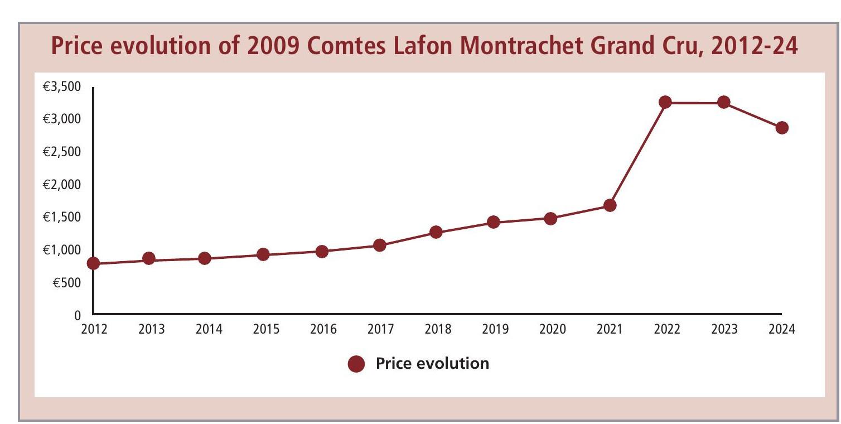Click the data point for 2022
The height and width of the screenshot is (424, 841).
click(x=665, y=102)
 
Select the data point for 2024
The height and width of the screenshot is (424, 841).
click(x=782, y=128)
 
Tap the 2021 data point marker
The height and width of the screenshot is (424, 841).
click(x=610, y=205)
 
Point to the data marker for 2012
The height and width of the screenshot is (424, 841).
click(x=93, y=263)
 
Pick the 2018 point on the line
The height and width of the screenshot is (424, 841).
click(x=436, y=232)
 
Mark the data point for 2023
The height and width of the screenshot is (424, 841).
click(x=723, y=102)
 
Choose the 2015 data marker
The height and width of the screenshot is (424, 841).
click(x=263, y=255)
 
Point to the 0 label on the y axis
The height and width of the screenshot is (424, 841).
click(x=78, y=316)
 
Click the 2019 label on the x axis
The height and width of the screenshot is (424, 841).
click(x=494, y=330)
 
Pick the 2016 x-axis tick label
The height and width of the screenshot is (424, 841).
click(x=322, y=330)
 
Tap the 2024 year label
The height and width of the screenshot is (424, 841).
click(x=781, y=330)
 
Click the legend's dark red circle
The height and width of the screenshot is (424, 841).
click(x=356, y=364)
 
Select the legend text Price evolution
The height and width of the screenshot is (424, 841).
click(x=432, y=364)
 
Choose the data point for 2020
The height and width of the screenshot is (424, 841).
click(x=550, y=218)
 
